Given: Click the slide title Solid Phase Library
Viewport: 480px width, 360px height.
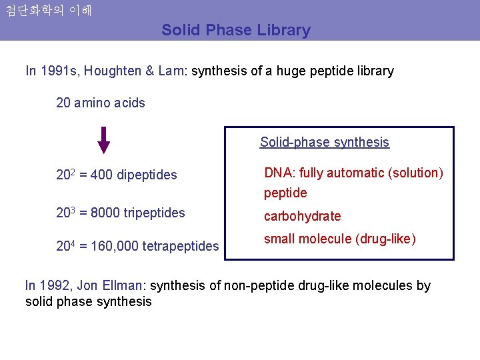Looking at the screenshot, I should click(235, 30).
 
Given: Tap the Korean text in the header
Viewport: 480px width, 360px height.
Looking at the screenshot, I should click(48, 11).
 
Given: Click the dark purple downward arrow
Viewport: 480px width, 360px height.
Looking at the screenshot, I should click(103, 139).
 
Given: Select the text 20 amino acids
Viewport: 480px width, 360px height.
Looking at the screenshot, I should click(101, 103).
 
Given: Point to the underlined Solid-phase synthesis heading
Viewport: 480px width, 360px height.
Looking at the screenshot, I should click(324, 142).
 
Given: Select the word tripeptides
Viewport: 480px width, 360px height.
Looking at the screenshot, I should click(155, 213).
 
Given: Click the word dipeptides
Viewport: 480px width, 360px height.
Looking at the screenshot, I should click(147, 175).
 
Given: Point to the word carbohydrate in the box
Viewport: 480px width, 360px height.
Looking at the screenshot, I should click(302, 216).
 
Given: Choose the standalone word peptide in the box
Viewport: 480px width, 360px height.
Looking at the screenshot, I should click(285, 193).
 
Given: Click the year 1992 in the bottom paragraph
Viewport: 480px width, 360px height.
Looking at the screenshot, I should click(54, 286).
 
